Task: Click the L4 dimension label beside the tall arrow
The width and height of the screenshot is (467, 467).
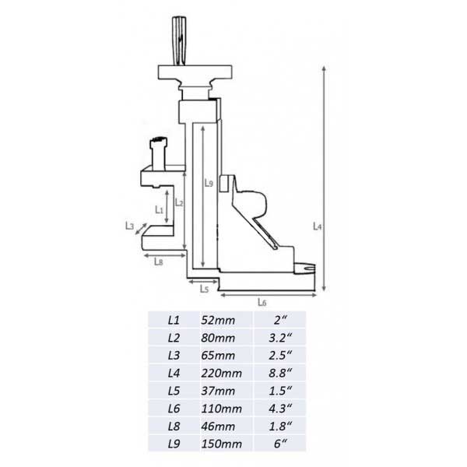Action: (318, 226)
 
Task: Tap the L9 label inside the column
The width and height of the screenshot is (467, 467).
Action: (209, 183)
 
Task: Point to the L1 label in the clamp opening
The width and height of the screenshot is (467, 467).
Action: (160, 209)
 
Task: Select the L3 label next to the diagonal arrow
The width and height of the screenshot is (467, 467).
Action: (129, 226)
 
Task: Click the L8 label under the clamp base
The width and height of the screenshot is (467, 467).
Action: (159, 262)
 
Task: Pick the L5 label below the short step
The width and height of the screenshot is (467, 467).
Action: (204, 288)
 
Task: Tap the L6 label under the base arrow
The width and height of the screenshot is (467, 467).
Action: (262, 302)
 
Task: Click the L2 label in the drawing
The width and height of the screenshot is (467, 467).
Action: (179, 202)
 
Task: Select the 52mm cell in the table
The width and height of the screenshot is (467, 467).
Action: (218, 320)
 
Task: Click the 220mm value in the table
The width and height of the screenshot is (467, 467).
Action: (221, 373)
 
